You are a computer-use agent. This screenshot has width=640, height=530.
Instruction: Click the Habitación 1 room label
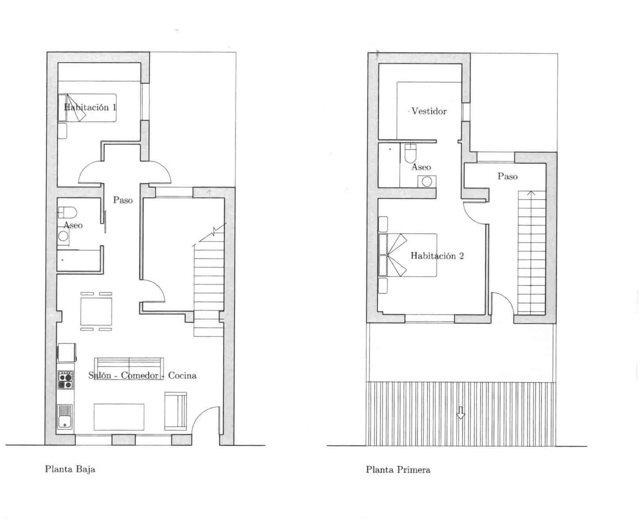[x=91, y=107]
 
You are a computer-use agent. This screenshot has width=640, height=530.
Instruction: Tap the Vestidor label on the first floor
[x=429, y=111]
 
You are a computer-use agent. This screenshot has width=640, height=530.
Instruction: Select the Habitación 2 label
[x=437, y=256]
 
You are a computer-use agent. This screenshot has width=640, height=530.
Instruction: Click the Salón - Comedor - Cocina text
[x=142, y=375]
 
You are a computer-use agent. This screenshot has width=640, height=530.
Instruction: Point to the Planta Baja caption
[x=70, y=469]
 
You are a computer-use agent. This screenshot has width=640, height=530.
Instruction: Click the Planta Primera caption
[x=398, y=469]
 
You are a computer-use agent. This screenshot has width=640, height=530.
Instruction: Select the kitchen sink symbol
[x=65, y=416]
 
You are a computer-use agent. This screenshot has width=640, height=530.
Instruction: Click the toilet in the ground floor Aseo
[x=68, y=212]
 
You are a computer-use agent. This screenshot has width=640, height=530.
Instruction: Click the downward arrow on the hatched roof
[x=461, y=413]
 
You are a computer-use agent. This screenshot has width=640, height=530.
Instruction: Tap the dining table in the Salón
[x=96, y=311]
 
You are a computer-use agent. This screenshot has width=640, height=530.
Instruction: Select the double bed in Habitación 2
[x=411, y=255]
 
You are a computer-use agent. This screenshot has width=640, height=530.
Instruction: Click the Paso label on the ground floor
[x=122, y=200]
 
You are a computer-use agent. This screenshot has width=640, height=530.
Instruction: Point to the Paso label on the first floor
[x=507, y=176]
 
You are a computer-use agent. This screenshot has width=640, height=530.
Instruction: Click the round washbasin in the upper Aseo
[x=427, y=182]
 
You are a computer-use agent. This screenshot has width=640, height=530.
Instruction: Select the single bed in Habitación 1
[x=91, y=108]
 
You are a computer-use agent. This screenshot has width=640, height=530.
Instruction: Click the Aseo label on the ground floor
[x=73, y=225]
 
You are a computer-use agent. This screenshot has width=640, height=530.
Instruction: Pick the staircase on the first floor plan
[x=531, y=252]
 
